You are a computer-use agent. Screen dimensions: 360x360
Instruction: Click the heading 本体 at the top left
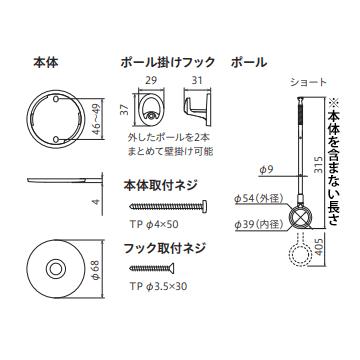tap(46, 61)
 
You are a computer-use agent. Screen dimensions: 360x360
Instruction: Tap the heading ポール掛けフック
tap(163, 61)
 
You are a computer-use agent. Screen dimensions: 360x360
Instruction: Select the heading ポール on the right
tap(249, 61)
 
